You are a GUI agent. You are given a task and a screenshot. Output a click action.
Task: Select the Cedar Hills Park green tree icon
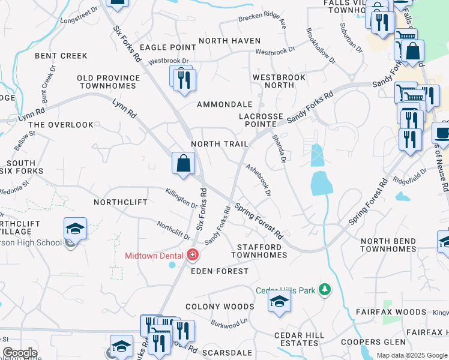[325, 290]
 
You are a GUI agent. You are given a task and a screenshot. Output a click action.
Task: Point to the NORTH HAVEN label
[229, 41]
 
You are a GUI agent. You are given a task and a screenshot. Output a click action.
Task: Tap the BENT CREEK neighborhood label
[61, 56]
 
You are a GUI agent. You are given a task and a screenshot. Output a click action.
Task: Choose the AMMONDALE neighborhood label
[225, 104]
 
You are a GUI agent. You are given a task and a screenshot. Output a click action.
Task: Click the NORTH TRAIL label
[219, 145]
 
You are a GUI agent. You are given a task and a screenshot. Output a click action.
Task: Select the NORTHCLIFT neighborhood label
[121, 202]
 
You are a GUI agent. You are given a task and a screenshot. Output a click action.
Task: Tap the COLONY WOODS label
[220, 307]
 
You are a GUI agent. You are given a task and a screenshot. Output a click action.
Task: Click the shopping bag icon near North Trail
[183, 163]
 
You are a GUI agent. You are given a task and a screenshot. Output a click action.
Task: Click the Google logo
[20, 353]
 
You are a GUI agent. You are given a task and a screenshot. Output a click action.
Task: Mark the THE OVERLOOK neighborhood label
[61, 125]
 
